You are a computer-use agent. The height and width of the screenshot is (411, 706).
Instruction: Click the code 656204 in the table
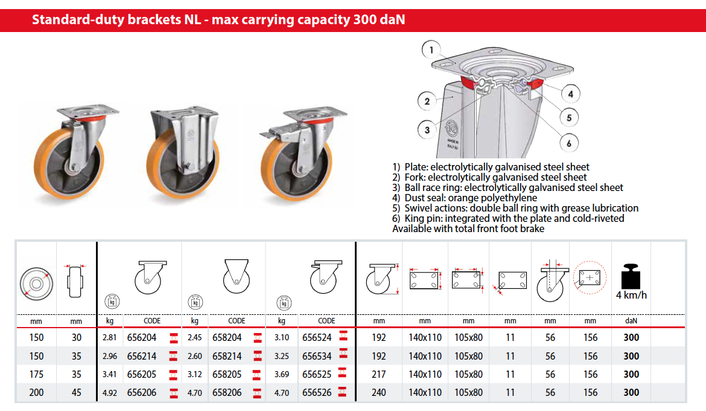(x=141, y=337)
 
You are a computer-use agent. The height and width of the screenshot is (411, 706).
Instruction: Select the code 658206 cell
(x=227, y=392)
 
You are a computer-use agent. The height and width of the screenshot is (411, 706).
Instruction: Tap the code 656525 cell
(x=317, y=375)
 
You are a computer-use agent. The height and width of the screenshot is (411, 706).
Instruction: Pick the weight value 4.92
(x=109, y=393)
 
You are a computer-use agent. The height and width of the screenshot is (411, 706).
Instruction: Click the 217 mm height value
(x=379, y=375)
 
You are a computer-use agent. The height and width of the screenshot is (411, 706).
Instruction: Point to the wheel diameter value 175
(x=36, y=375)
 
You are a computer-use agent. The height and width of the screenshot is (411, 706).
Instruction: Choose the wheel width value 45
(x=77, y=392)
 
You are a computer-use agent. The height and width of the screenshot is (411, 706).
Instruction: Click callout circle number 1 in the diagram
(x=431, y=50)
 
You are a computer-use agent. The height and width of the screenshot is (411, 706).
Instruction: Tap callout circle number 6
(x=569, y=143)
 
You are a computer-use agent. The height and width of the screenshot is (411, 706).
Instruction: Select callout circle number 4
(x=570, y=94)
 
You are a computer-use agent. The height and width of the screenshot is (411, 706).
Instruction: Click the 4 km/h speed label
(x=631, y=295)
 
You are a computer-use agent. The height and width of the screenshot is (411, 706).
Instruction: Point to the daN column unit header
(x=631, y=321)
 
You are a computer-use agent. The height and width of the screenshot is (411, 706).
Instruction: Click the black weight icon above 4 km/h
(x=631, y=276)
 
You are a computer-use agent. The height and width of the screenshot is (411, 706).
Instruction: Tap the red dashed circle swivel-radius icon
(x=590, y=277)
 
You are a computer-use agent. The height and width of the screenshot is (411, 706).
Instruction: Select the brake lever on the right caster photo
(x=272, y=133)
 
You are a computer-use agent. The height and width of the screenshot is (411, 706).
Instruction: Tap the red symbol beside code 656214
(x=173, y=357)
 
